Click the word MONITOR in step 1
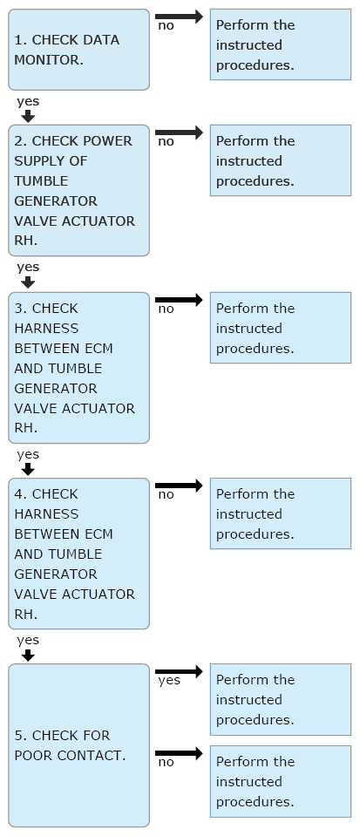coord(48,60)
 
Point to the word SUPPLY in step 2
coord(37,161)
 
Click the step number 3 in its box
coord(19,309)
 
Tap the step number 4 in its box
coord(19,494)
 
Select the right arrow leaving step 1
coord(180,17)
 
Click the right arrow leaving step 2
coord(180,133)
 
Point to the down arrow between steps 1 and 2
coord(28,116)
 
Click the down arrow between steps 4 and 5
coord(28,655)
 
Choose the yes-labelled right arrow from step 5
coord(180,671)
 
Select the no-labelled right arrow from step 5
coord(180,753)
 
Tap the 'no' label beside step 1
coord(166,25)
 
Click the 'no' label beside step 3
coord(166,309)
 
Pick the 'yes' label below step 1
coord(28,102)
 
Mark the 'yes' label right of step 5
coord(169,681)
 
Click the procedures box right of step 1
coord(281,44)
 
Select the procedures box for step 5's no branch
coord(281,781)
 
